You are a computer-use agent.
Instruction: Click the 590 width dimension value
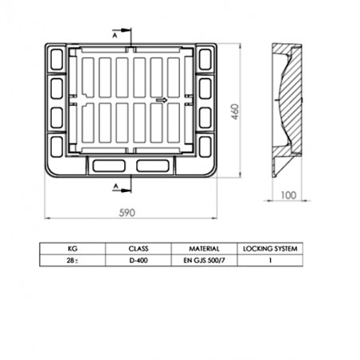point(127,213)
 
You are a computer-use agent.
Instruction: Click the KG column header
point(72,248)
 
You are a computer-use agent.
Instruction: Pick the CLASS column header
point(139,248)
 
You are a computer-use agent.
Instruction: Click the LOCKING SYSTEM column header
point(270,248)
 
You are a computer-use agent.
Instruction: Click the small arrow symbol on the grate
point(161,100)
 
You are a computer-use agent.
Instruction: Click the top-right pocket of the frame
point(205,58)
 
